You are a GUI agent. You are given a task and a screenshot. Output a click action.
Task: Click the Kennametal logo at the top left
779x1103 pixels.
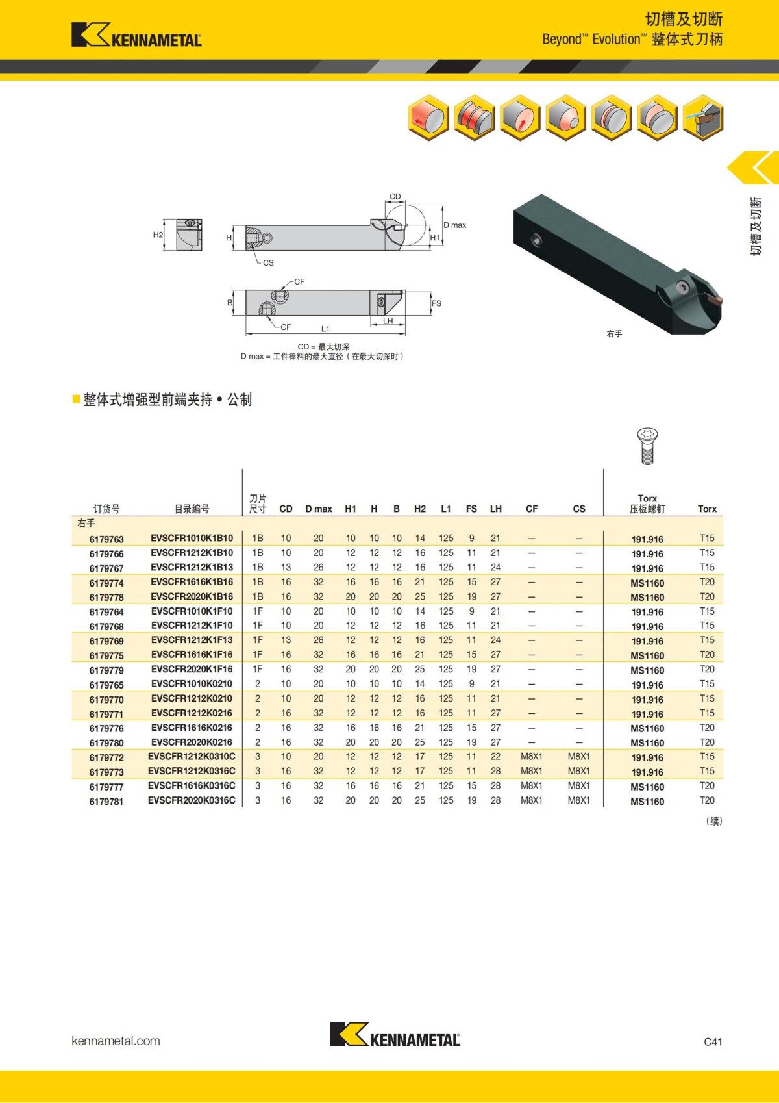(x=136, y=35)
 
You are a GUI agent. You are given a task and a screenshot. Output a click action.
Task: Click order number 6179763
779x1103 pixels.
(x=106, y=539)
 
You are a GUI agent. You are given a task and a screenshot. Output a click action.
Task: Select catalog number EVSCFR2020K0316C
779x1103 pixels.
(x=192, y=801)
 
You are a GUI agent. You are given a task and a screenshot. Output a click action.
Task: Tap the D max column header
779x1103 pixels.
(x=318, y=509)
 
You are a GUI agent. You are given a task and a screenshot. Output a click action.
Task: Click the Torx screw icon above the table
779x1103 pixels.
(x=647, y=446)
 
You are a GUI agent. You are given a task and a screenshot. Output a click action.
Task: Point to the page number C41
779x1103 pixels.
(x=713, y=1041)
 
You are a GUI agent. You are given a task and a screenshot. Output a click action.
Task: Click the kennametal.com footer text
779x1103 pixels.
(x=116, y=1041)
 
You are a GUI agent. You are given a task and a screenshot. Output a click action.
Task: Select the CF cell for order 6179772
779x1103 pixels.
(x=531, y=757)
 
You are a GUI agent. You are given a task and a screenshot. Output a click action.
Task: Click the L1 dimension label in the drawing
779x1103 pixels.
(x=325, y=329)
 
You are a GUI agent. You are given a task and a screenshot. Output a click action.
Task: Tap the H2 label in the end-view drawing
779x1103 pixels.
(x=158, y=235)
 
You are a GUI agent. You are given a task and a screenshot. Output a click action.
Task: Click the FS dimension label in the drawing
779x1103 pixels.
(x=436, y=303)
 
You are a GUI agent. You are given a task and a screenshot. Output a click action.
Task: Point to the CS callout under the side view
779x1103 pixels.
(x=268, y=262)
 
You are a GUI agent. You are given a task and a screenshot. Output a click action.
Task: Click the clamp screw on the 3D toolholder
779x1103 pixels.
(x=682, y=286)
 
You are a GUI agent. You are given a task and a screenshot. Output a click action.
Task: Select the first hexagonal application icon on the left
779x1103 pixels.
(x=428, y=118)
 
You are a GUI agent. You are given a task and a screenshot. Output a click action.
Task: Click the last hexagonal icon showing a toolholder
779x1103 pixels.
(x=703, y=118)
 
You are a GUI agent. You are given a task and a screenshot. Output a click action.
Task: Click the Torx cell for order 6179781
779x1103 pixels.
(x=707, y=801)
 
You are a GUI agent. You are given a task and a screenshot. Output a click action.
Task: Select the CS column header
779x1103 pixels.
(x=579, y=509)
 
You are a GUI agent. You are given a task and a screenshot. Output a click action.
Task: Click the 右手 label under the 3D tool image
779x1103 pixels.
(x=614, y=334)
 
